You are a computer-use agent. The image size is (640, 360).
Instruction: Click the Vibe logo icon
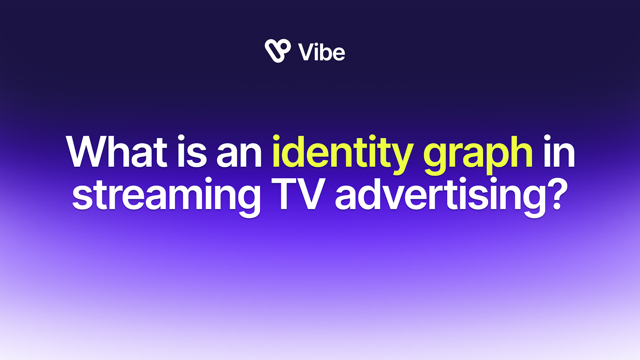pyautogui.click(x=277, y=51)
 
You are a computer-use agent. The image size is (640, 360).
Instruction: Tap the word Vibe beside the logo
pyautogui.click(x=321, y=52)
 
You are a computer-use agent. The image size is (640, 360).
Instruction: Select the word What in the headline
pyautogui.click(x=116, y=151)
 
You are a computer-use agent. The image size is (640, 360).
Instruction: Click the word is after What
pyautogui.click(x=192, y=151)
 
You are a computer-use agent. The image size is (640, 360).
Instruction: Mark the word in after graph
pyautogui.click(x=560, y=151)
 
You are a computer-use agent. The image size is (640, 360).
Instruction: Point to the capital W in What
pyautogui.click(x=91, y=151)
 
